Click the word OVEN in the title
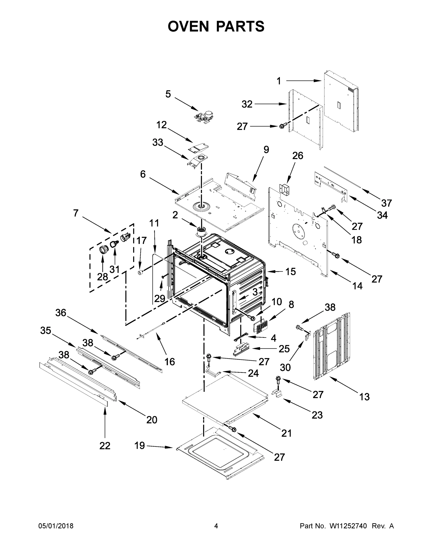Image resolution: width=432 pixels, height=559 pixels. click(188, 26)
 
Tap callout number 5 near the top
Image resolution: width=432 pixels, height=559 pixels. click(168, 94)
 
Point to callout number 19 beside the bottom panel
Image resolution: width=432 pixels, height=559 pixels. click(140, 446)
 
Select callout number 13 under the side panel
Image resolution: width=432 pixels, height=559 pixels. click(364, 397)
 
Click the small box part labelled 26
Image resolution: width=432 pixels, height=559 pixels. click(285, 189)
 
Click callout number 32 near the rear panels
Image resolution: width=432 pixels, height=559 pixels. click(247, 104)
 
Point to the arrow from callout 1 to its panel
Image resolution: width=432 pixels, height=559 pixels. click(303, 81)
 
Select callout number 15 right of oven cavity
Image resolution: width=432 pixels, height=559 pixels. click(290, 272)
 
